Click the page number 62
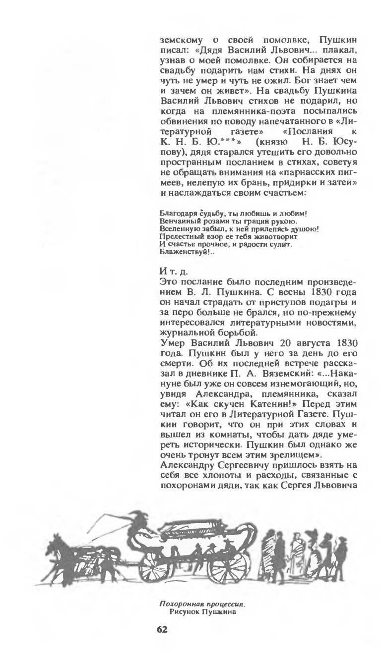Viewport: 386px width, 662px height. tap(162, 629)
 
